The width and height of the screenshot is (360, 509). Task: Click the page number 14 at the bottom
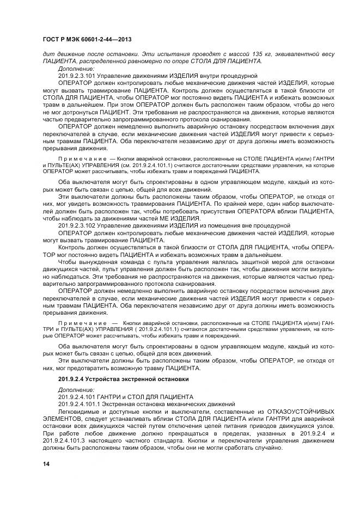coord(46,463)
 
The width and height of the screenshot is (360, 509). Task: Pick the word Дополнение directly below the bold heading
coord(76,390)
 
